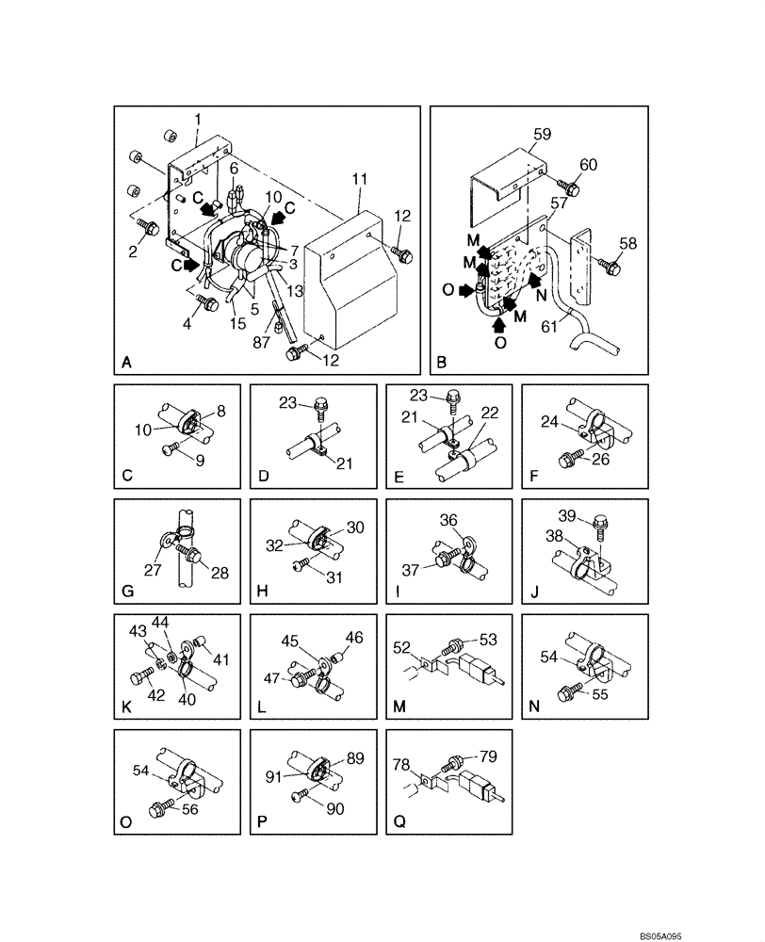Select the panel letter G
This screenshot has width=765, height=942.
coord(126,592)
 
